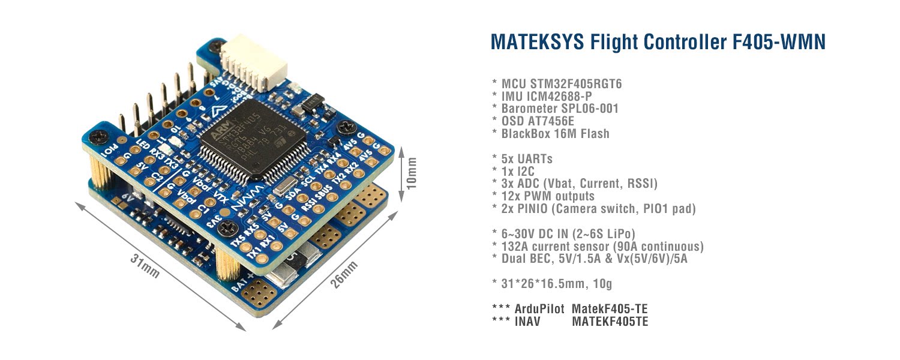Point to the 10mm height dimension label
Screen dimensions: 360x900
(410, 174)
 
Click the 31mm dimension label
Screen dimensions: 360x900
(145, 267)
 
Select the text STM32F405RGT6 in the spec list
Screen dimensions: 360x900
(575, 84)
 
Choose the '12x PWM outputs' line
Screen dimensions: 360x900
(547, 196)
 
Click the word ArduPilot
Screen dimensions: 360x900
(539, 309)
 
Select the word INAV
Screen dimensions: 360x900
(527, 322)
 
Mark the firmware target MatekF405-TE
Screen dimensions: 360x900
(610, 309)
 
